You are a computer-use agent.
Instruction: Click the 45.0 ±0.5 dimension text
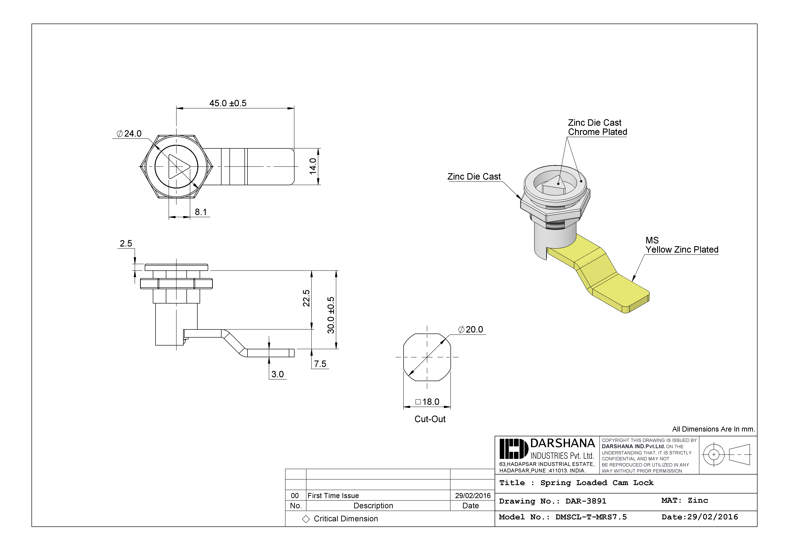point(228,103)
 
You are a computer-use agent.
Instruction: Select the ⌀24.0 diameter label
point(129,133)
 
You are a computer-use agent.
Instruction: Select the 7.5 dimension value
point(320,364)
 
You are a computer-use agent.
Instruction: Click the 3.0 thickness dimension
point(277,374)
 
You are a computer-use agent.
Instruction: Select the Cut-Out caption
point(430,419)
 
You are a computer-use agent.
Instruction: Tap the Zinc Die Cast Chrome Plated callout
point(597,128)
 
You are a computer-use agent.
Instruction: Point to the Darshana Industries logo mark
point(513,449)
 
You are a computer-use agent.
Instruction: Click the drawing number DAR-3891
point(586,501)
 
